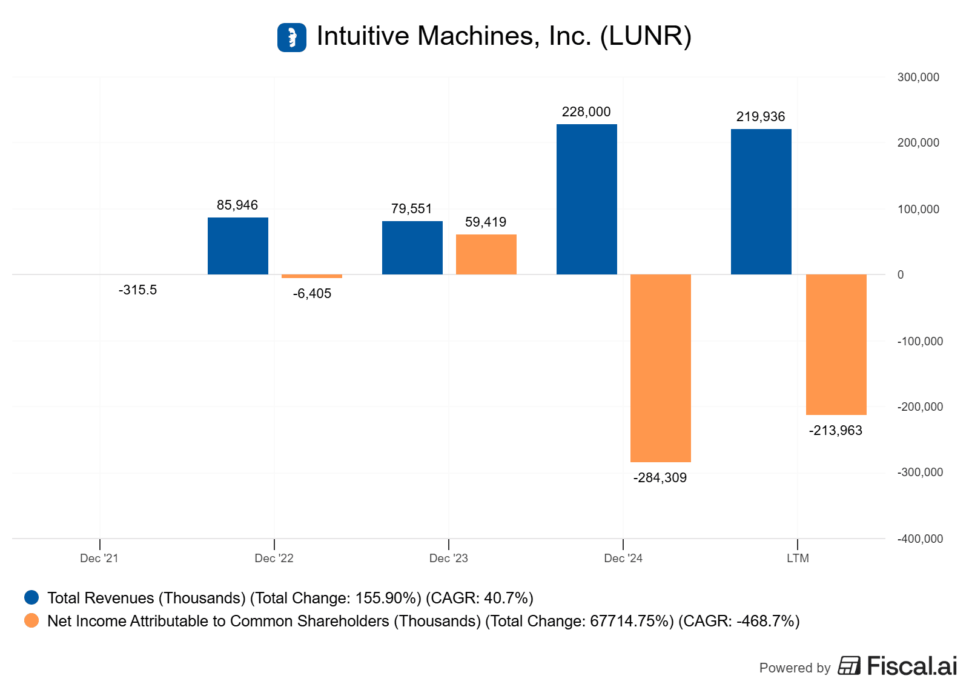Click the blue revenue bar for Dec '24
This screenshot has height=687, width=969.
click(586, 199)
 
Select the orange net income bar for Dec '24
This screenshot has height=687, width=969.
click(660, 368)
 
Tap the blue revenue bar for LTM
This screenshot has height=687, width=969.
click(761, 202)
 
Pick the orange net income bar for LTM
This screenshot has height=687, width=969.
click(836, 344)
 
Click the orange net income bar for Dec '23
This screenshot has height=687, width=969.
click(486, 254)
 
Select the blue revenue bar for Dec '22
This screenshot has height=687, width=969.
click(237, 246)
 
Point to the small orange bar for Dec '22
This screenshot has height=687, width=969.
click(311, 276)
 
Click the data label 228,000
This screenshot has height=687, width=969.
click(586, 112)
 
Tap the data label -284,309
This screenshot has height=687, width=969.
click(660, 478)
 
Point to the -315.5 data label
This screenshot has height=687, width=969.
click(137, 290)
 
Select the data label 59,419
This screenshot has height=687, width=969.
click(486, 222)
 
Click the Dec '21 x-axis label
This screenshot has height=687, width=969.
click(99, 558)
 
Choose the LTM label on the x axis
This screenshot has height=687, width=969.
click(798, 558)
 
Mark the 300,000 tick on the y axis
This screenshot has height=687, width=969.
click(918, 78)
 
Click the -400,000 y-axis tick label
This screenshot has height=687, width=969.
click(920, 539)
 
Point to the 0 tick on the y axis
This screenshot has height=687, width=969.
click(901, 275)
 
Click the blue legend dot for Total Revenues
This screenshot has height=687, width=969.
click(31, 598)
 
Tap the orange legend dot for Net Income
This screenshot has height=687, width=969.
click(31, 621)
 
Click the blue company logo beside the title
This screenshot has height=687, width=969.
click(292, 38)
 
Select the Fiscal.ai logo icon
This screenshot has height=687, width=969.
click(849, 666)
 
